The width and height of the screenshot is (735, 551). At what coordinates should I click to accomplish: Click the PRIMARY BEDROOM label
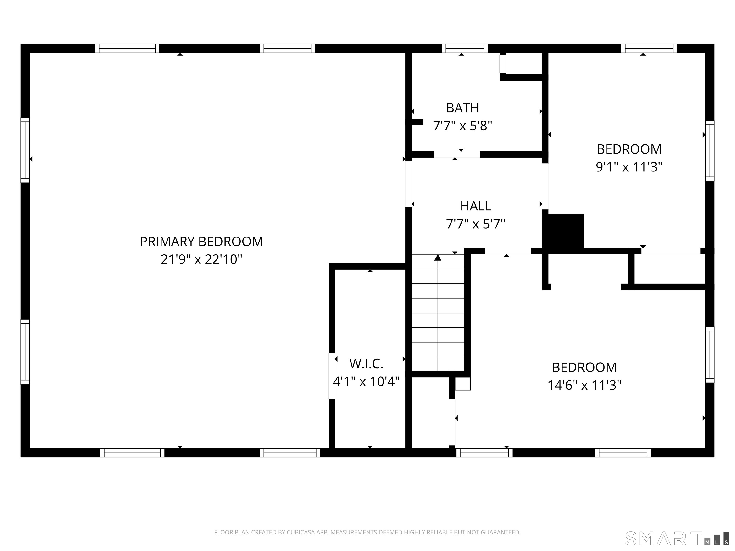click(x=201, y=242)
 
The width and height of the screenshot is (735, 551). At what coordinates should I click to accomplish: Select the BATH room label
click(x=462, y=108)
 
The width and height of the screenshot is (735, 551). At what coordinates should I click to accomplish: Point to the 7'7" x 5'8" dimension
click(x=462, y=126)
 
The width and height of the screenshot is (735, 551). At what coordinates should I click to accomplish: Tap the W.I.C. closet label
click(x=366, y=364)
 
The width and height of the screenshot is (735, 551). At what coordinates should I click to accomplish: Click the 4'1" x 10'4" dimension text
click(x=366, y=382)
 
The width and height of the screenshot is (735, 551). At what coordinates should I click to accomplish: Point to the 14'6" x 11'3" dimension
click(x=584, y=385)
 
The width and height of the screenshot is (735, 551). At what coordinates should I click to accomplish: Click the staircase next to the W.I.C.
click(x=438, y=313)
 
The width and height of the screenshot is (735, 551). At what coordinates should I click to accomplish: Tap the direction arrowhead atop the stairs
click(x=438, y=257)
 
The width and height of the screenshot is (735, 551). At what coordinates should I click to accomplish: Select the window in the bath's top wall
click(x=465, y=49)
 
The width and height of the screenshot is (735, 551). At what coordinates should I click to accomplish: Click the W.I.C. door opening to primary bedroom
click(x=332, y=376)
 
